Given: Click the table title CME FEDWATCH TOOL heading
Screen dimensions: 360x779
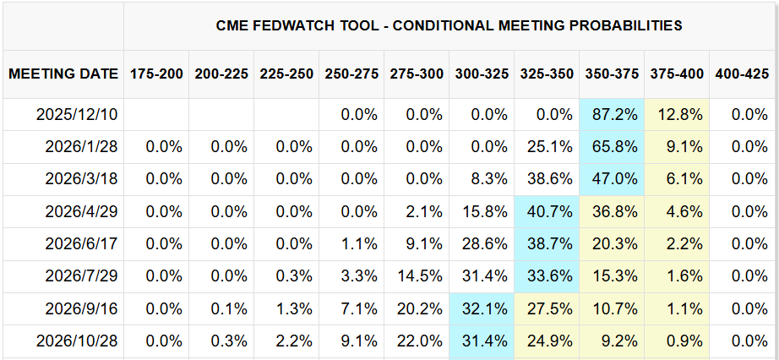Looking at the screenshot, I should coord(449,26).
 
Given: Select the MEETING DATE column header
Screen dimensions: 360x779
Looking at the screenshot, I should coord(63,74).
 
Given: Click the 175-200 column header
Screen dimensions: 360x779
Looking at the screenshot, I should coord(156,74).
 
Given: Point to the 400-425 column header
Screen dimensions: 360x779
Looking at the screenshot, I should coord(743,74).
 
